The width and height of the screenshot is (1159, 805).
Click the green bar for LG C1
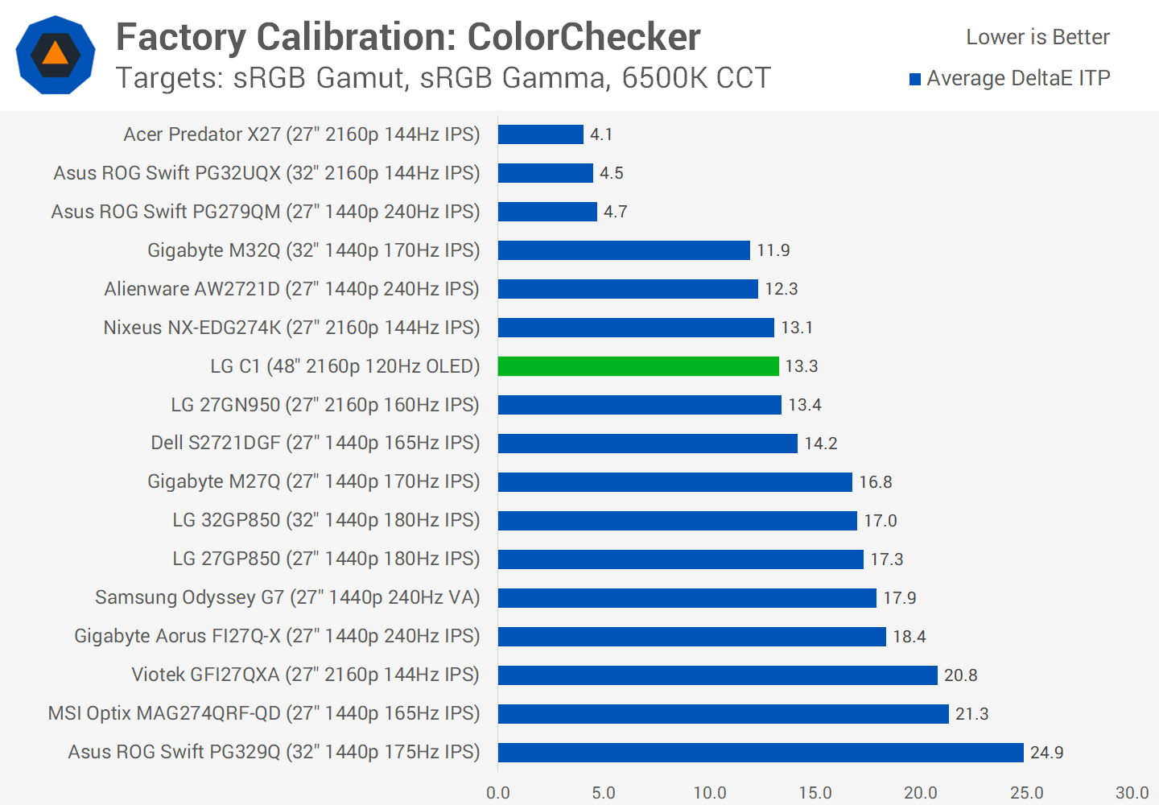[x=638, y=366]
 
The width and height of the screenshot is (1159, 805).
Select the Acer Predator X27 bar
[x=540, y=134]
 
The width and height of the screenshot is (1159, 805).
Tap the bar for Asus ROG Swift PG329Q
[x=761, y=752]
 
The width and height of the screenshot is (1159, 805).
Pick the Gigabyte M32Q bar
[x=624, y=250]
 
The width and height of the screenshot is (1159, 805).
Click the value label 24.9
[x=1046, y=753]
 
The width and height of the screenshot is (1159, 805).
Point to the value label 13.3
[x=801, y=366]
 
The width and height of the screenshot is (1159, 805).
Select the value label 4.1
[x=601, y=134]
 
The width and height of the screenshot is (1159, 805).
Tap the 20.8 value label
[x=960, y=675]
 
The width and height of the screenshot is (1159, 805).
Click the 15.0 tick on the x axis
[x=815, y=793]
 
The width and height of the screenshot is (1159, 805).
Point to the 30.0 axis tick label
[x=1132, y=793]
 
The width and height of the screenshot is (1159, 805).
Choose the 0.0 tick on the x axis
[x=498, y=793]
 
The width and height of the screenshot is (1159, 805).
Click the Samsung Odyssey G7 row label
[x=287, y=597]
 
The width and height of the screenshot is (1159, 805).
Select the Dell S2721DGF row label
[x=315, y=443]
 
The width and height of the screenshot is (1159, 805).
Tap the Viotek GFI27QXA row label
[x=305, y=675]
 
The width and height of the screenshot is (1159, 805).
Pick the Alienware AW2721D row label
[x=291, y=289]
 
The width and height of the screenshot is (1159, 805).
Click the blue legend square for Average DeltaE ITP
[x=915, y=79]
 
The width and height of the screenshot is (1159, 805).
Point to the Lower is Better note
[x=1037, y=37]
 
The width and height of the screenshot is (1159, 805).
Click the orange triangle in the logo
[x=56, y=54]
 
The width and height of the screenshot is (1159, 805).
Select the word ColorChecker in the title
[x=584, y=37]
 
